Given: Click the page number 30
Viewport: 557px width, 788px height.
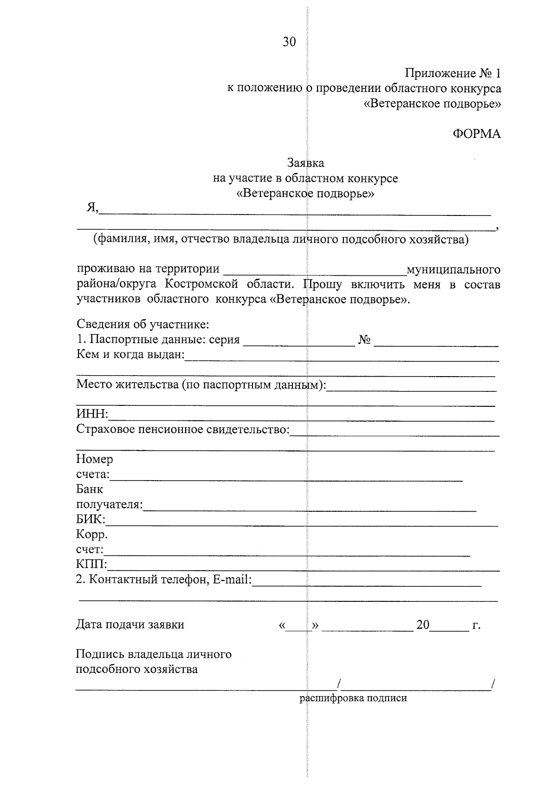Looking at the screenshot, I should click(289, 42).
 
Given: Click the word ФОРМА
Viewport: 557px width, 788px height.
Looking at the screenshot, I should click(477, 134).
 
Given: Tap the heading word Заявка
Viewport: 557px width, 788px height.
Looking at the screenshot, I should click(305, 163).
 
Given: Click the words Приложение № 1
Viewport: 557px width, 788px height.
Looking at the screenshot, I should click(453, 73).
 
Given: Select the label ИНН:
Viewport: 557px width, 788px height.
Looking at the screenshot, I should click(92, 414).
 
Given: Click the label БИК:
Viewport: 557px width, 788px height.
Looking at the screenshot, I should click(91, 519).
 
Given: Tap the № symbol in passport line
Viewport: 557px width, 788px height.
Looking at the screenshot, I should click(364, 340).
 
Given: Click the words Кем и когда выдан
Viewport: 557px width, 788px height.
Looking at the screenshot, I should click(130, 355).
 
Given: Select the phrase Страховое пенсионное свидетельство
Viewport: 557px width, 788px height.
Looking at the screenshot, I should click(182, 429).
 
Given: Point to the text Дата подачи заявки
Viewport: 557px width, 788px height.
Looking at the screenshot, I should click(130, 625).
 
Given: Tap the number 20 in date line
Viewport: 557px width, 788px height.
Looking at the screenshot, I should click(423, 625).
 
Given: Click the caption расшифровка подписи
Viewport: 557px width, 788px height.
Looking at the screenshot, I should click(353, 698).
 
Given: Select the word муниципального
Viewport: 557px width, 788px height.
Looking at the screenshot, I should click(453, 269).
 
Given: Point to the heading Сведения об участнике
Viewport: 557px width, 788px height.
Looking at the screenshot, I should click(143, 324).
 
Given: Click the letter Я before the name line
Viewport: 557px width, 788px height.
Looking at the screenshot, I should click(91, 208).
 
